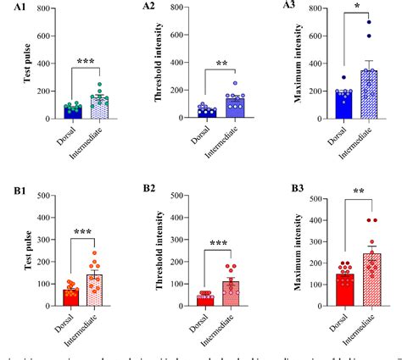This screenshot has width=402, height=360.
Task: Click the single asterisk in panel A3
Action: coord(333,16)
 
